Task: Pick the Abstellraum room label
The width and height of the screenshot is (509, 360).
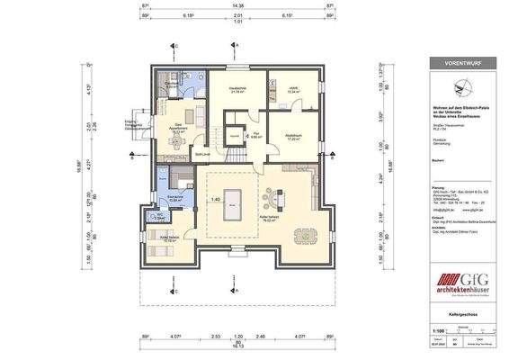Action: (x=292, y=137)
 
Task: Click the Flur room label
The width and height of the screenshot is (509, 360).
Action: (x=255, y=136)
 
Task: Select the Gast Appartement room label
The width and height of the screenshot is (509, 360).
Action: (x=177, y=128)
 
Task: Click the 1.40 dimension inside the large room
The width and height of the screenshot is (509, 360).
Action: (x=215, y=200)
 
